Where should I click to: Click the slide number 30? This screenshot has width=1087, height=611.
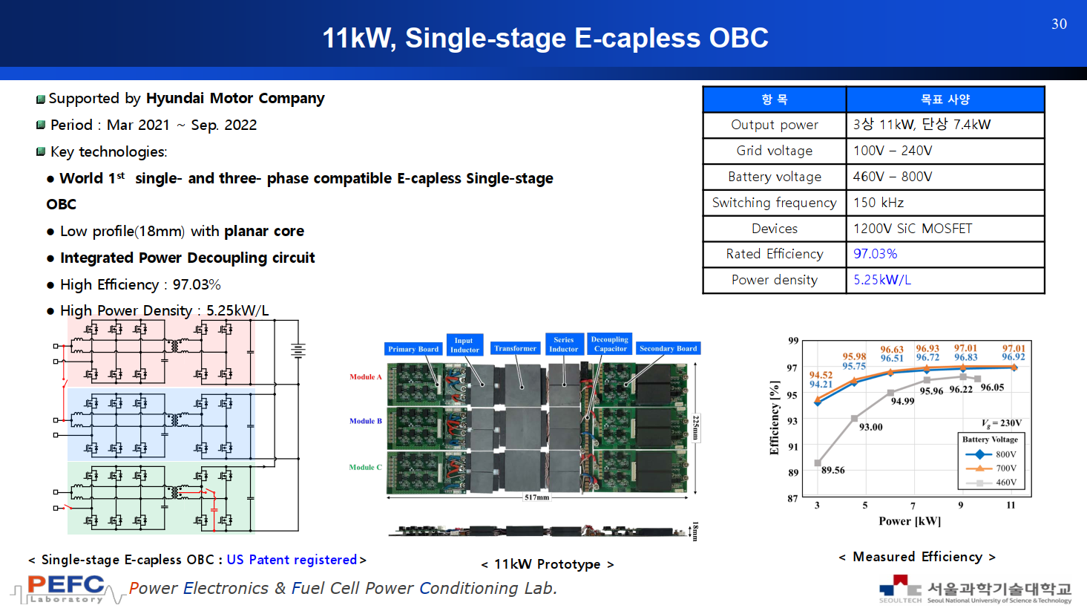coord(1060,24)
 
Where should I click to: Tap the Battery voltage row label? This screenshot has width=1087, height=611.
coord(775,177)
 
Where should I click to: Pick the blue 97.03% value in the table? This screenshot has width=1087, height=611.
coord(875,254)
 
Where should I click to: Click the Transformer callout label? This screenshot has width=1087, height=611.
coord(516,348)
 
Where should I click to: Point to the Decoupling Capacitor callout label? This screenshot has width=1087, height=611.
coord(610,344)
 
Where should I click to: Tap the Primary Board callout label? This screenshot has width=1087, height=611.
coord(413,349)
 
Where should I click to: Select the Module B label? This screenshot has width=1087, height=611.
coord(365,421)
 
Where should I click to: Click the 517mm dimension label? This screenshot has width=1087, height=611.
coord(536,497)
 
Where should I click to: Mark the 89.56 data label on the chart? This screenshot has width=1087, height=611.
coord(833,470)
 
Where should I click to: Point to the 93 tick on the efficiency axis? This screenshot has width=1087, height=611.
coord(792,421)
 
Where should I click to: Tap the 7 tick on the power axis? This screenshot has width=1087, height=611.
coord(913,506)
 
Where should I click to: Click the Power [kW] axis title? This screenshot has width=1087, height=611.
coord(910,521)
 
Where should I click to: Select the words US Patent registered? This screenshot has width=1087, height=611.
coord(292,560)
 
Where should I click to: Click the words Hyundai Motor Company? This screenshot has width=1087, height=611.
coord(235,98)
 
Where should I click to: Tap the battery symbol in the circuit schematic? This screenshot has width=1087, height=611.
coord(298,350)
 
